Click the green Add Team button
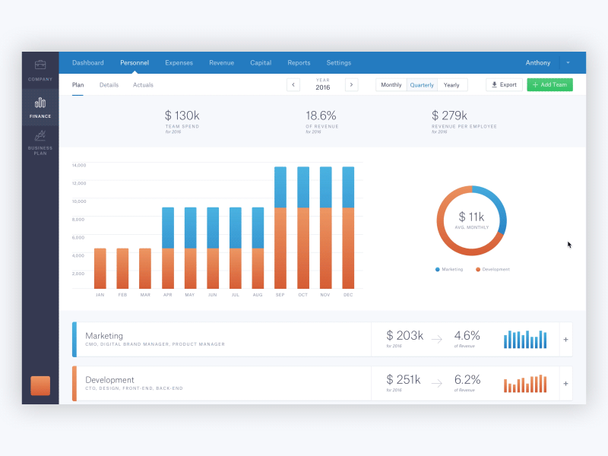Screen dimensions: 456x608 [549, 85]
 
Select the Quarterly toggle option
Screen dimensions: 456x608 [422, 85]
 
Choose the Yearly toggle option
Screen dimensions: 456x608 [452, 85]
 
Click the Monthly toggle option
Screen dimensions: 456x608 [391, 85]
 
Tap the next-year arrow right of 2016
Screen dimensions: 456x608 [351, 85]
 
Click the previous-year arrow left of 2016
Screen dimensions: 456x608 [293, 85]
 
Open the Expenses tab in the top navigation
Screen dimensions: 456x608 [179, 63]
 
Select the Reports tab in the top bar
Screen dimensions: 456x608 [299, 63]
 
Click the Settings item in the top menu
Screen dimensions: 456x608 [339, 63]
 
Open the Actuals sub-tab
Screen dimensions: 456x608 [143, 85]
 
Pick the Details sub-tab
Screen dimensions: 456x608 [109, 85]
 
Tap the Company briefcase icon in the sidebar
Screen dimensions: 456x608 [40, 65]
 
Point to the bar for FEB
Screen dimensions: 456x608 [122, 268]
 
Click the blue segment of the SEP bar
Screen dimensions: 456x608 [280, 187]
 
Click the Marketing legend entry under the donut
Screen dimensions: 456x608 [449, 269]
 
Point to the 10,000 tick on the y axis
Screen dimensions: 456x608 [79, 201]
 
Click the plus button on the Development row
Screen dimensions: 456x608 [565, 384]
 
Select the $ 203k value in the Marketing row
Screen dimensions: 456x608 [404, 335]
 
